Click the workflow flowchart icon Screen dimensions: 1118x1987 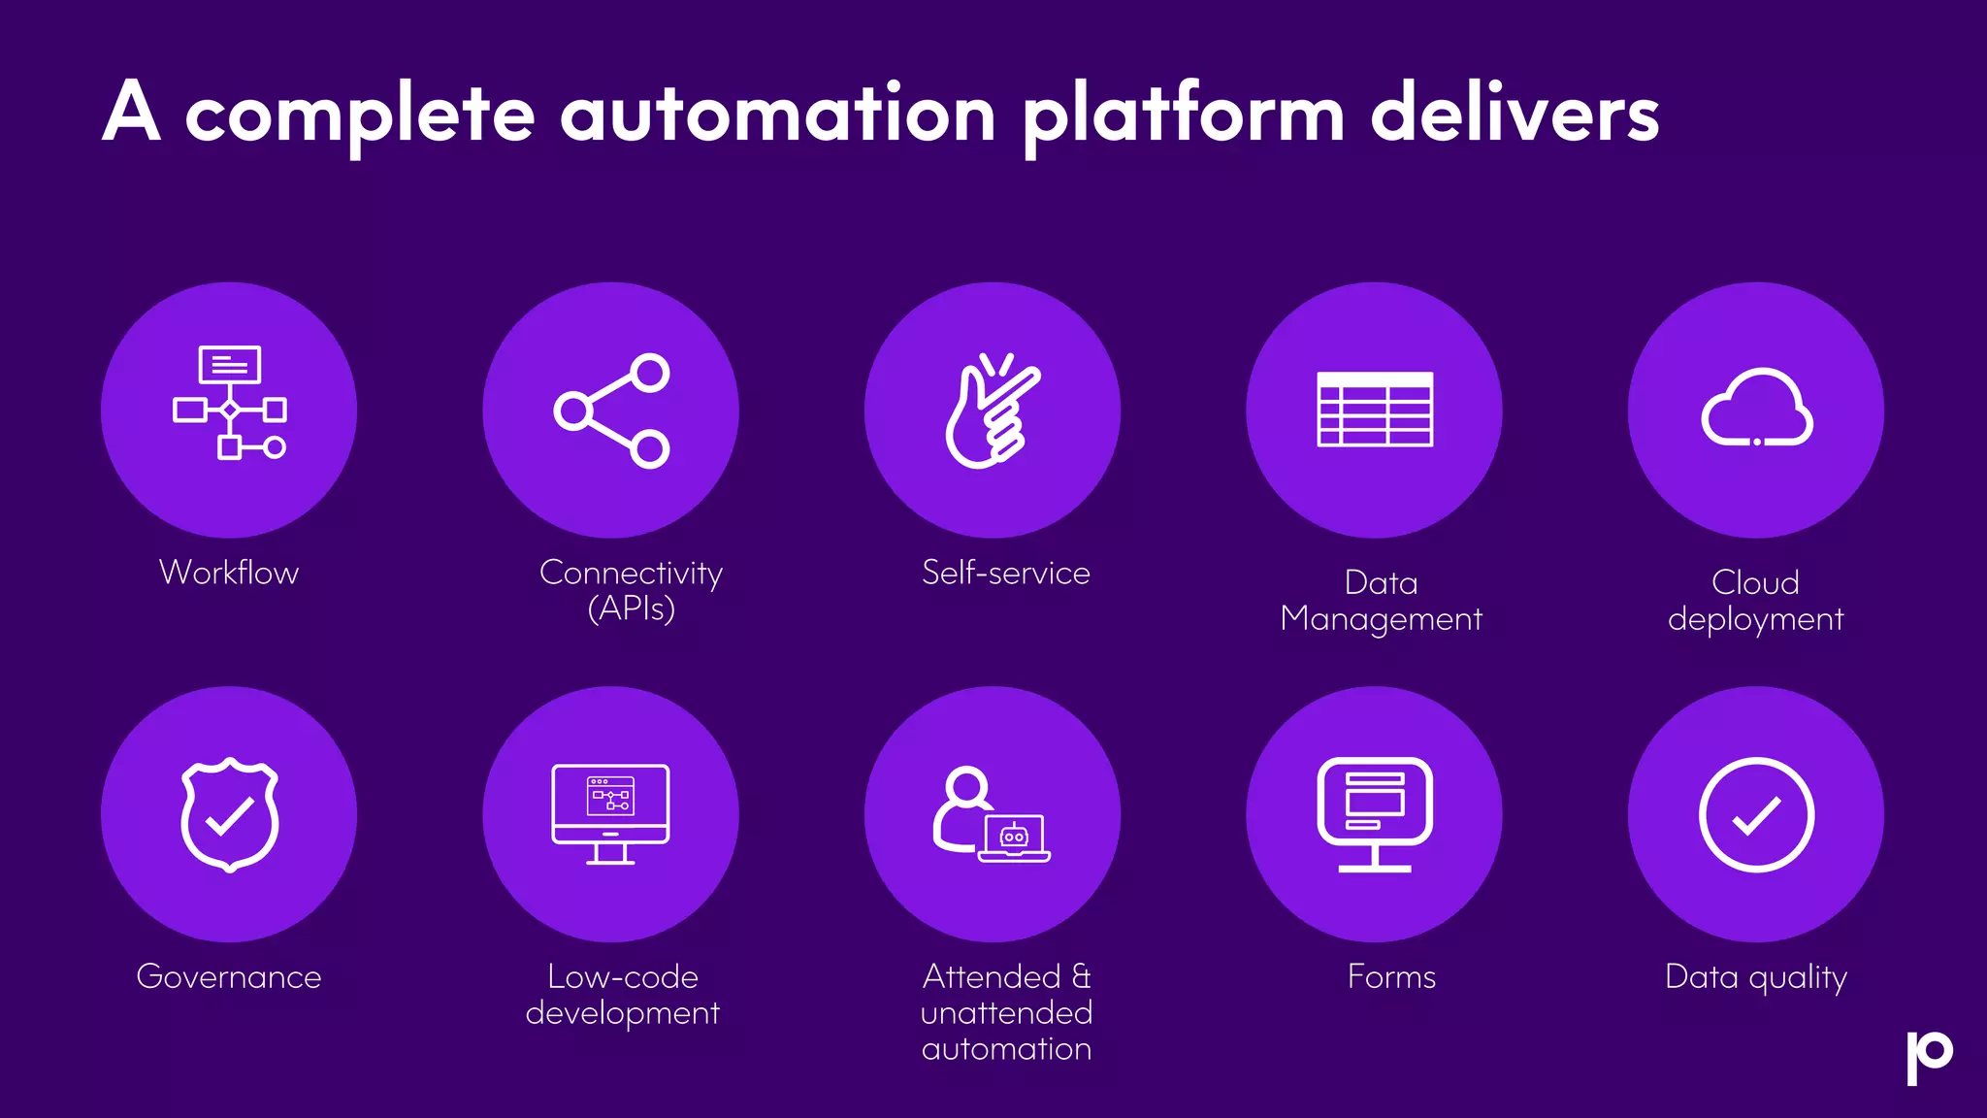tap(229, 402)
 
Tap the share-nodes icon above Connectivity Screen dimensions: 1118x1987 tap(611, 411)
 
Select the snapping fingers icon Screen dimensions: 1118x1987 tap(993, 411)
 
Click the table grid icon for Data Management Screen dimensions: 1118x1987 tap(1375, 410)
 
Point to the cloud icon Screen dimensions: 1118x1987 tap(1756, 409)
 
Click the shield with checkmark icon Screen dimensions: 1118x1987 tap(229, 814)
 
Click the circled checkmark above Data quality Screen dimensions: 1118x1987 tap(1756, 814)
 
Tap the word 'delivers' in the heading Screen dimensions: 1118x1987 tap(1515, 115)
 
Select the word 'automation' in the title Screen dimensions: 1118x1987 tap(778, 115)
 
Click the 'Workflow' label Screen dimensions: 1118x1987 tap(229, 573)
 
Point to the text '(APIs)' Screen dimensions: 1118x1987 tap(631, 608)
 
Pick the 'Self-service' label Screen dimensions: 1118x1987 tap(1006, 573)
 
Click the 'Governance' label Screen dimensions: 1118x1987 tap(229, 976)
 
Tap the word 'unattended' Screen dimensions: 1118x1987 tap(1006, 1013)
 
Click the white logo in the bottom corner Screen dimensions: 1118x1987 tap(1929, 1057)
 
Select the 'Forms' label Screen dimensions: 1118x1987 tap(1391, 976)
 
